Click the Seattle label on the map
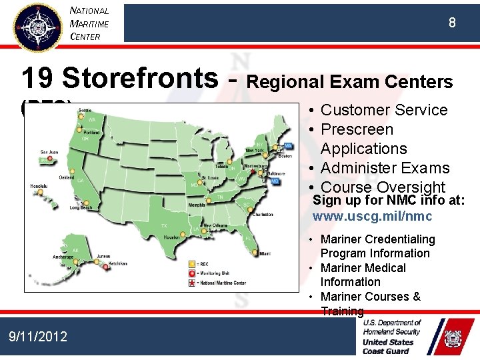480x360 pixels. coord(85,109)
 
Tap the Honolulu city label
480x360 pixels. coord(38,186)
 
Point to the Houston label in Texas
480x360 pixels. coord(171,237)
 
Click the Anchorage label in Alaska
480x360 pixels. coord(63,257)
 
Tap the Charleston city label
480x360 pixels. coord(262,214)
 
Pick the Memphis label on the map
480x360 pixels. coord(197,205)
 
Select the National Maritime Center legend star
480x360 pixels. coord(192,283)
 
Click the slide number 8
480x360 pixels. coord(452,23)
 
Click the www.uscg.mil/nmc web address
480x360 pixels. coord(372,217)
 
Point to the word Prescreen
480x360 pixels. coord(357,129)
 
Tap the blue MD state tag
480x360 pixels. coord(275,181)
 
